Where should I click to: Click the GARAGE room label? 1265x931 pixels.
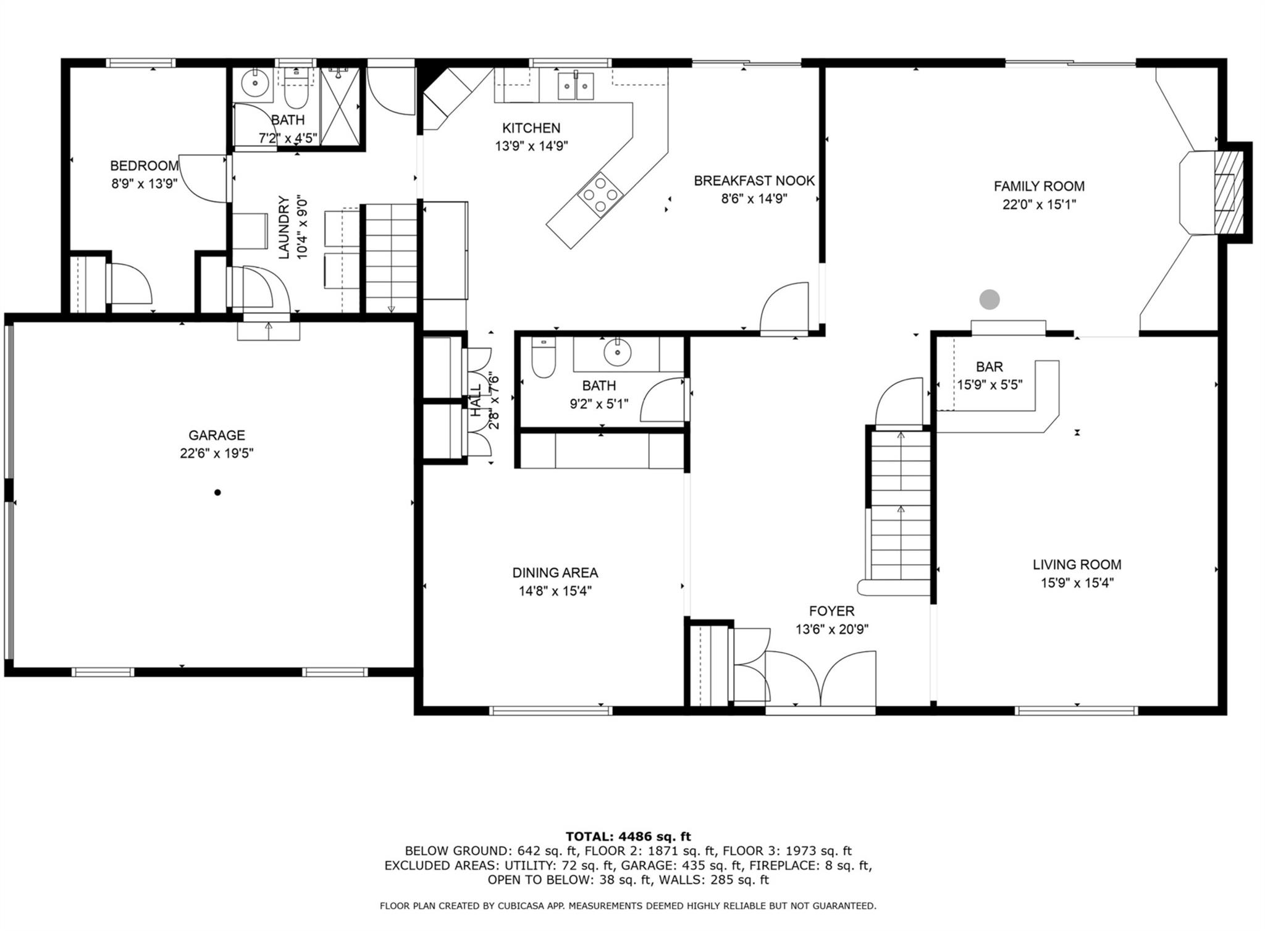pos(217,435)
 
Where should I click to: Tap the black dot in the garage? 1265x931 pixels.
pos(217,492)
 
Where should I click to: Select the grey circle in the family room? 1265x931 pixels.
pos(990,300)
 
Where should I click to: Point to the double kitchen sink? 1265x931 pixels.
pos(576,86)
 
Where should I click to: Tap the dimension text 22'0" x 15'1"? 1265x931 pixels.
pos(1039,204)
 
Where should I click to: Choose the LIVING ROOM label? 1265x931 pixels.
pos(1077,564)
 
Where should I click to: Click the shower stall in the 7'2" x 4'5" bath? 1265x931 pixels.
pos(340,106)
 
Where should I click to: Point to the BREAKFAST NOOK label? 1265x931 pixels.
pos(754,181)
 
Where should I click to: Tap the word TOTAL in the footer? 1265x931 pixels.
pos(590,836)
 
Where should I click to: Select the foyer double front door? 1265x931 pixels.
pos(820,680)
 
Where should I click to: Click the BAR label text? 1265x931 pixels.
pos(989,367)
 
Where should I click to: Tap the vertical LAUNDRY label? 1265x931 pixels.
pos(284,227)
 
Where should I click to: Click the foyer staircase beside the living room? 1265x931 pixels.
pos(900,507)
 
